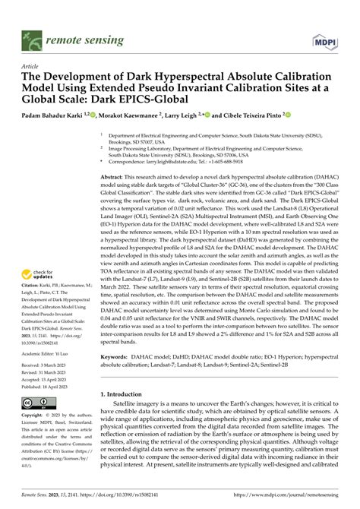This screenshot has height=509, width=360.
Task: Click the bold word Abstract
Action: [114, 174]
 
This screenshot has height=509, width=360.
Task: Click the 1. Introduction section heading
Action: [125, 395]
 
